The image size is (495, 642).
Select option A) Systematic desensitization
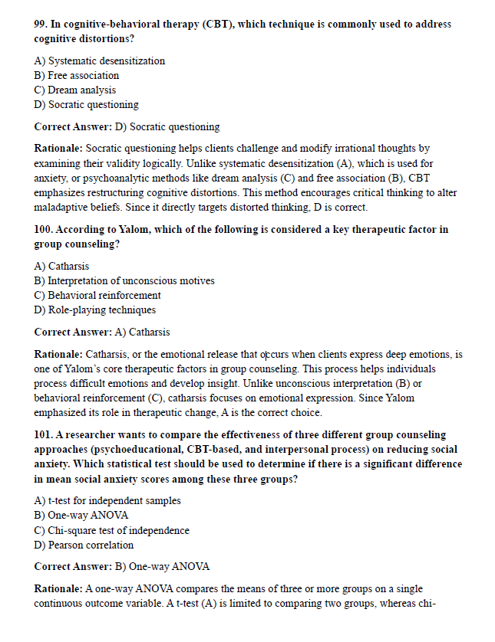tap(100, 61)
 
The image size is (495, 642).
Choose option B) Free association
tap(77, 75)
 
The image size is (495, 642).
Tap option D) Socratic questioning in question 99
tap(87, 104)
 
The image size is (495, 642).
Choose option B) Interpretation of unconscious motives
tap(124, 280)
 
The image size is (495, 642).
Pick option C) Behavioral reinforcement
tap(97, 295)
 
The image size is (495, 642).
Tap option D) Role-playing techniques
tap(95, 310)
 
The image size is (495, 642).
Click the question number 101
tap(45, 435)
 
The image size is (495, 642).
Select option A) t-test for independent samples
tap(107, 500)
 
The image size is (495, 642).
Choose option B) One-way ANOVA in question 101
tap(81, 515)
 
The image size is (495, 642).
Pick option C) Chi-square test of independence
tap(112, 530)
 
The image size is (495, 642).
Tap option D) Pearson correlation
tap(84, 545)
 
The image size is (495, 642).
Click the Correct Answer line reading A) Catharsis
tap(102, 332)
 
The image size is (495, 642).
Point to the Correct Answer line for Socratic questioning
tap(127, 126)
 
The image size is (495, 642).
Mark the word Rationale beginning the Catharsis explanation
tap(58, 355)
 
